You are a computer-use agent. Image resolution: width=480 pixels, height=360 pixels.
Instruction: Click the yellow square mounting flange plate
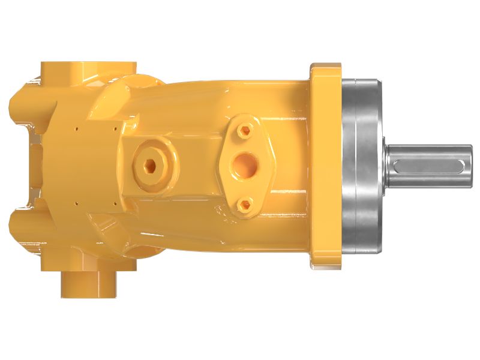point(325,166)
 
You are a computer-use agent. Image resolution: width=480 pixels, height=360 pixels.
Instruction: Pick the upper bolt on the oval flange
point(243,130)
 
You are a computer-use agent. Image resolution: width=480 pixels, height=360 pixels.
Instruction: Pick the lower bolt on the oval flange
point(243,206)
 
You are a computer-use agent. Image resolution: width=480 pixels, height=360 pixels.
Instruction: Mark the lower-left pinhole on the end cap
point(76,203)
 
